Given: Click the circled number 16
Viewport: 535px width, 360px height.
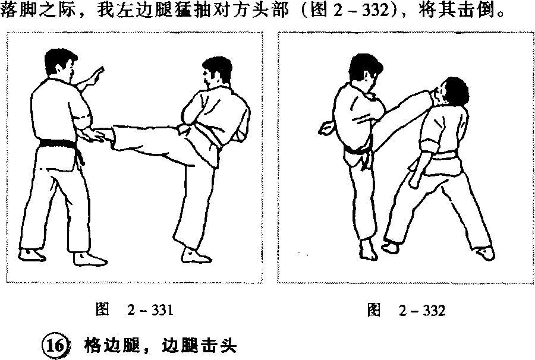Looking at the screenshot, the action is [55, 346].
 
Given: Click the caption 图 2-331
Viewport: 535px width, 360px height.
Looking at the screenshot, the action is [134, 310].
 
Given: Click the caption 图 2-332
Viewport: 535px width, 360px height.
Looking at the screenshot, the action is [406, 311].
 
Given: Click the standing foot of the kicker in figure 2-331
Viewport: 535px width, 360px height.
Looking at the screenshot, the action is [196, 255].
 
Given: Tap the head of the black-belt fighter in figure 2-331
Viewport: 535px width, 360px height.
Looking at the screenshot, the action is [62, 64].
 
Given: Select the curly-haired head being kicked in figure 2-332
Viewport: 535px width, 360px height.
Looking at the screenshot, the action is [453, 91].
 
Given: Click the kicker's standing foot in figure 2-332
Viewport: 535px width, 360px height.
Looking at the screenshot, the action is [369, 249].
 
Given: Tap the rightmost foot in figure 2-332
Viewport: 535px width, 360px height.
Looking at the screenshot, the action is [486, 253].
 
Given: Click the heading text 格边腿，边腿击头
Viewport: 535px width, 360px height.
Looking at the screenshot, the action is [160, 346].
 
